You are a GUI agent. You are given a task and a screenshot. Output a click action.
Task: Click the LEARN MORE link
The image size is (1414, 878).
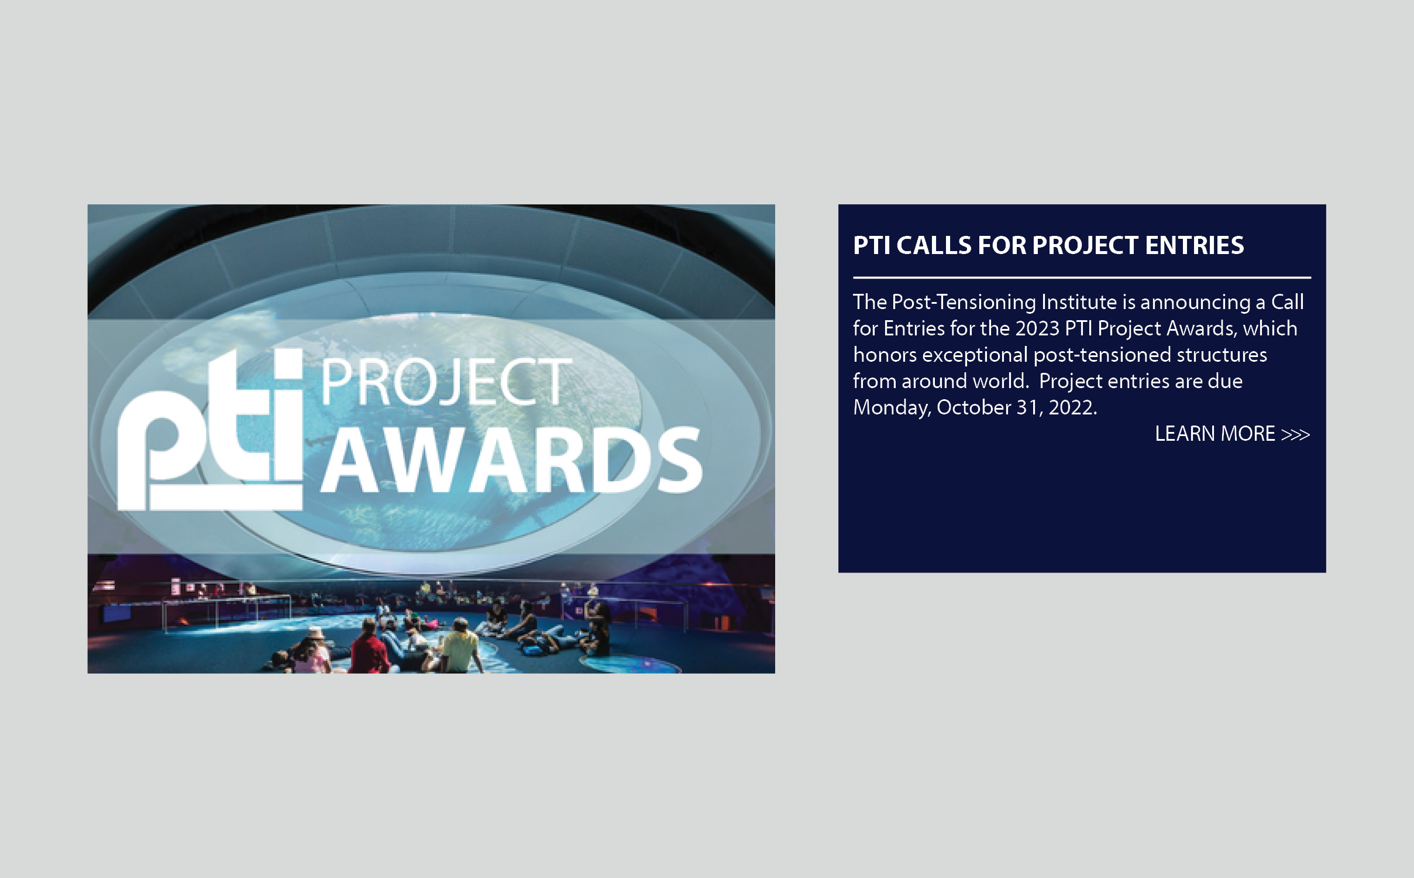[1232, 434]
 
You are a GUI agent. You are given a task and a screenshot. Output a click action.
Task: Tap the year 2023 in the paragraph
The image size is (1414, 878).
[1037, 328]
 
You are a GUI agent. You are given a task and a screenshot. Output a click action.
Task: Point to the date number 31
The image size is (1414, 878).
[1028, 407]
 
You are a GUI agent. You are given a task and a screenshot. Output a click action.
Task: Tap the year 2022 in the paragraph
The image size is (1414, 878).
[1071, 407]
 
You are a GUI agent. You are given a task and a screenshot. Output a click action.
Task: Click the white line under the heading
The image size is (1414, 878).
[1082, 277]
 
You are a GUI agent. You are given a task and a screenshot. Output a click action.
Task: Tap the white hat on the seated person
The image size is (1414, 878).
[315, 634]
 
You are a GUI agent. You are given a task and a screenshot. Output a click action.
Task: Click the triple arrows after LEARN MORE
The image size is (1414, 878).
[1295, 435]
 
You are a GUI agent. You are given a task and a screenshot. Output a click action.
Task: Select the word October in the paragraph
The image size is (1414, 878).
[973, 407]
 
